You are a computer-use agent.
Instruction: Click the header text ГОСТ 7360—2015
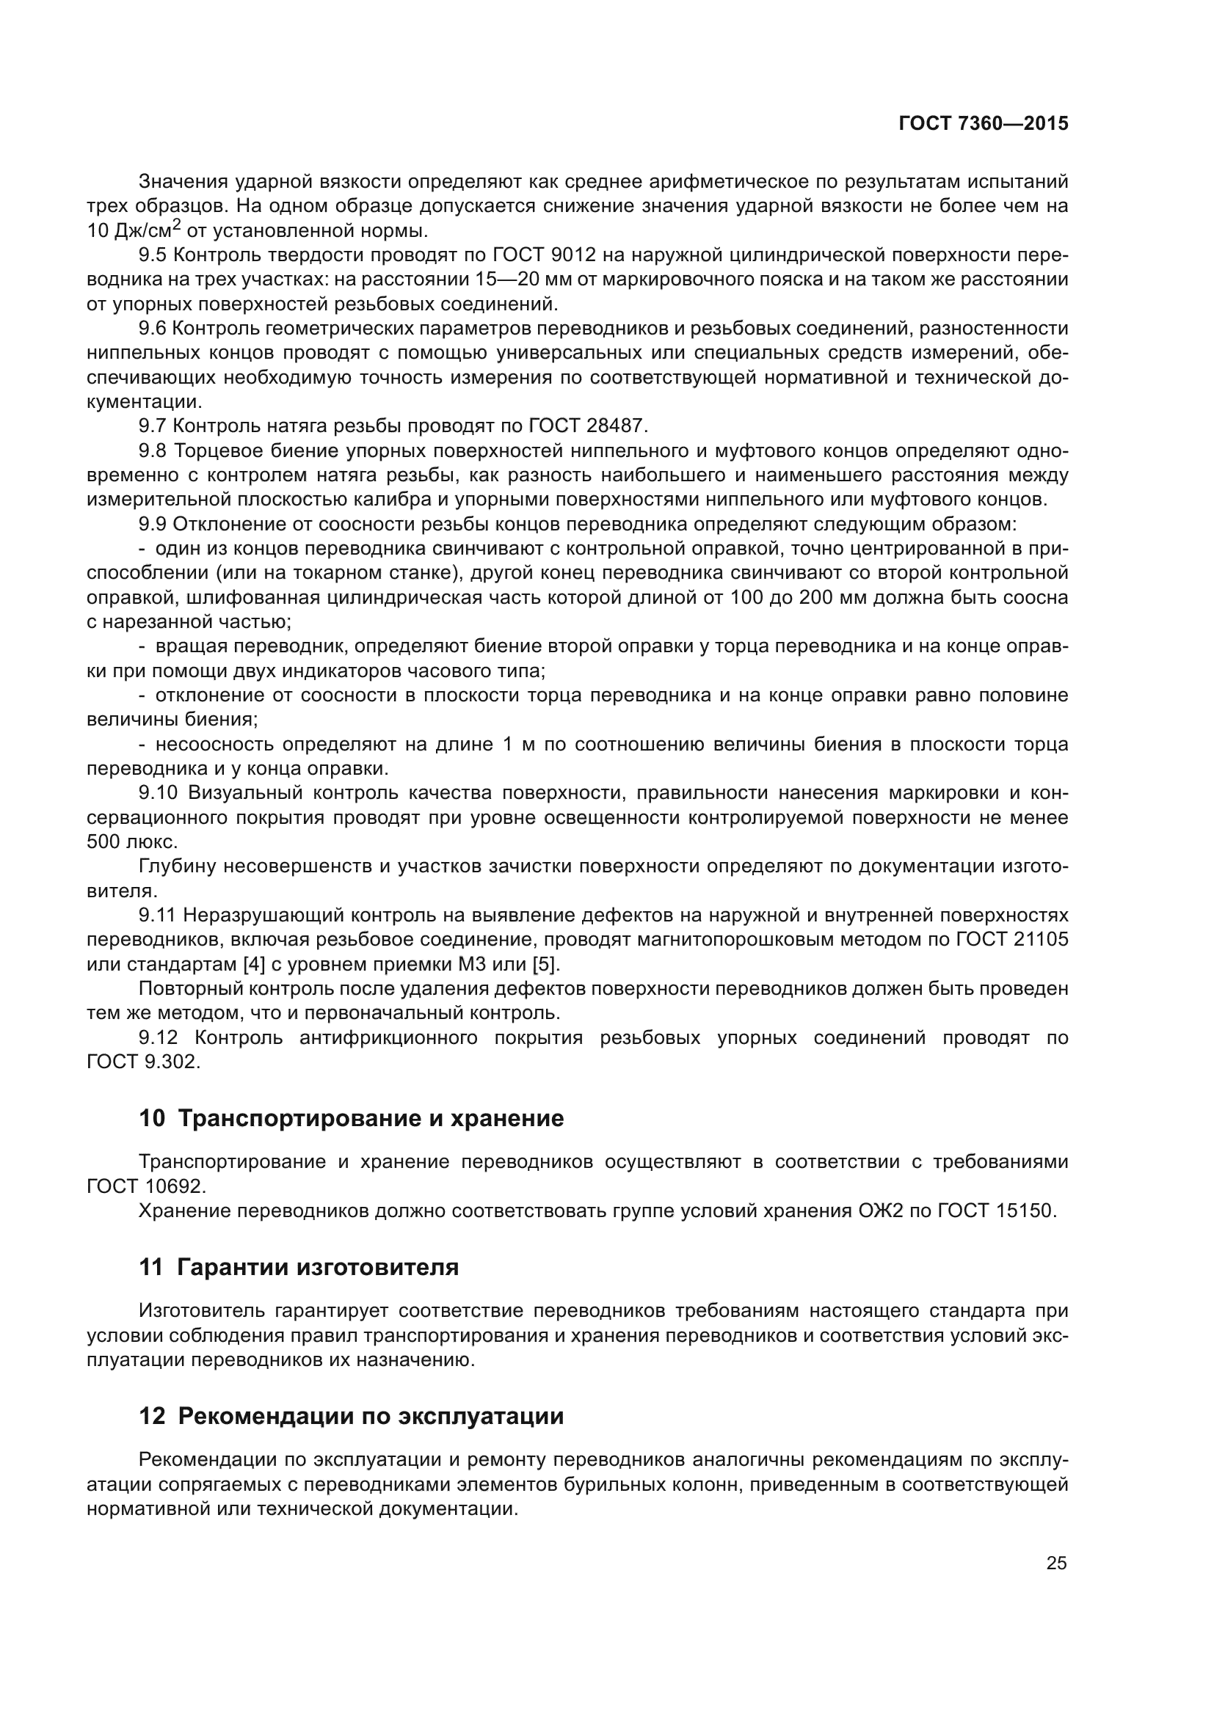coord(983,124)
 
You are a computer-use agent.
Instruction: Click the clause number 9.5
coord(153,255)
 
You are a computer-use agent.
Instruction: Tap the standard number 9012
coord(573,255)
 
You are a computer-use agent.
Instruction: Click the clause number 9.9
coord(153,524)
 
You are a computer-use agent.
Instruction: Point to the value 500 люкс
coord(131,842)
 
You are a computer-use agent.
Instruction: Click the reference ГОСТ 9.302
coord(143,1062)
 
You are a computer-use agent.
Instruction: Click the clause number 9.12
coord(159,1038)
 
